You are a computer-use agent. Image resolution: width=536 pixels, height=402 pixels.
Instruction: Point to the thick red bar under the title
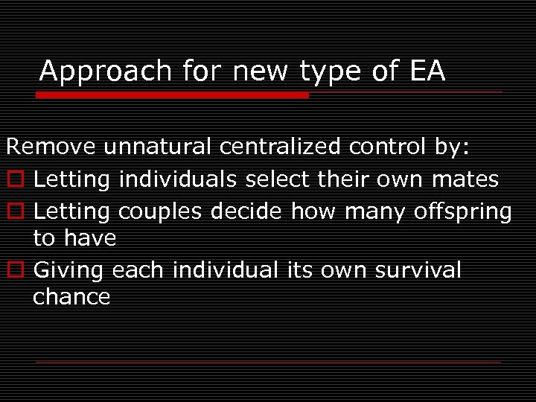click(x=172, y=95)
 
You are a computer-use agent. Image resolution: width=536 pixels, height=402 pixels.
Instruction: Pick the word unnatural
click(x=158, y=147)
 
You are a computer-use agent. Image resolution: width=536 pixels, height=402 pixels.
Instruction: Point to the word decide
click(x=249, y=211)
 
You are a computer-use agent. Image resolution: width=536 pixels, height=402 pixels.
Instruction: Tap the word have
click(x=90, y=239)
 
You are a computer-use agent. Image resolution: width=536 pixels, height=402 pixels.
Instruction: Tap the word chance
click(x=71, y=297)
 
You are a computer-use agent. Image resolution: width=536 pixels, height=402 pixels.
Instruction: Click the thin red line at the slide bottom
click(x=268, y=362)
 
